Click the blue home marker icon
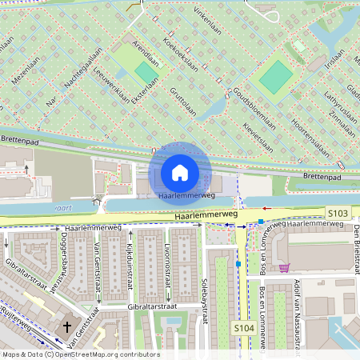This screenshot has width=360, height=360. click(x=180, y=172)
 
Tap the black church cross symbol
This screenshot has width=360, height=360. click(x=67, y=327)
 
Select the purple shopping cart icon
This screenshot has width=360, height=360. click(x=284, y=268)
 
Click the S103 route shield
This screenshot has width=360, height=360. click(x=338, y=213)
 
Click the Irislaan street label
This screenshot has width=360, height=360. click(x=337, y=60)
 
